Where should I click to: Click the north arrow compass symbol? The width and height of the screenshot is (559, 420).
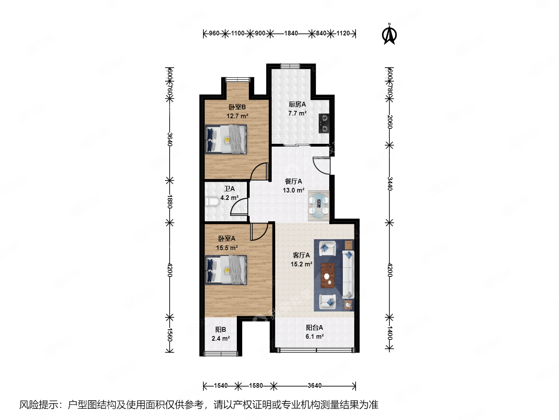click(389, 35)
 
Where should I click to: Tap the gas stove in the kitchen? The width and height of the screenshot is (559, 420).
click(324, 123)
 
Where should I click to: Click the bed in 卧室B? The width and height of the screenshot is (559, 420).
click(226, 139)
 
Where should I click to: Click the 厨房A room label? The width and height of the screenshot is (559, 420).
click(297, 104)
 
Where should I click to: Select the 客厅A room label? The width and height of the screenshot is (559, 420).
click(301, 255)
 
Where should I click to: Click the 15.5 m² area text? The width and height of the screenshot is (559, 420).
click(227, 248)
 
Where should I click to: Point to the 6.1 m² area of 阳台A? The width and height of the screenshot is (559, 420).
click(314, 336)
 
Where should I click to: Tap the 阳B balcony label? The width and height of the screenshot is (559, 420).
click(220, 329)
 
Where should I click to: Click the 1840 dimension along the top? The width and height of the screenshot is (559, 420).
click(291, 33)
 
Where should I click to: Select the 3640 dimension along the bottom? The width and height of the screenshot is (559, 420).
click(314, 386)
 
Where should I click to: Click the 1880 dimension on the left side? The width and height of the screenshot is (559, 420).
click(170, 201)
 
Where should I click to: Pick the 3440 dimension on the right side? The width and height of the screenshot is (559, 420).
click(390, 184)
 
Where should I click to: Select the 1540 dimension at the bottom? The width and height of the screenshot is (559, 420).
click(220, 386)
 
